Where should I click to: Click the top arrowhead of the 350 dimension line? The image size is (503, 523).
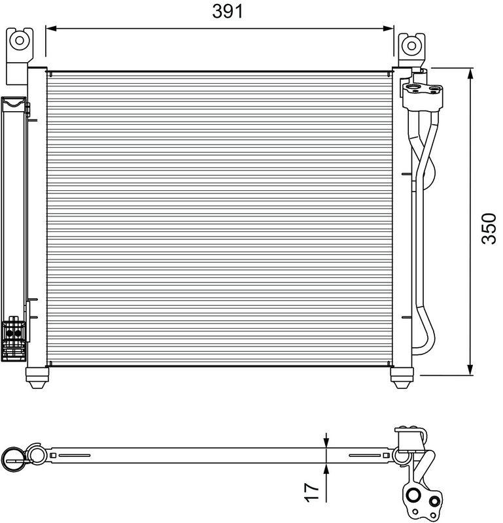tap(470, 73)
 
